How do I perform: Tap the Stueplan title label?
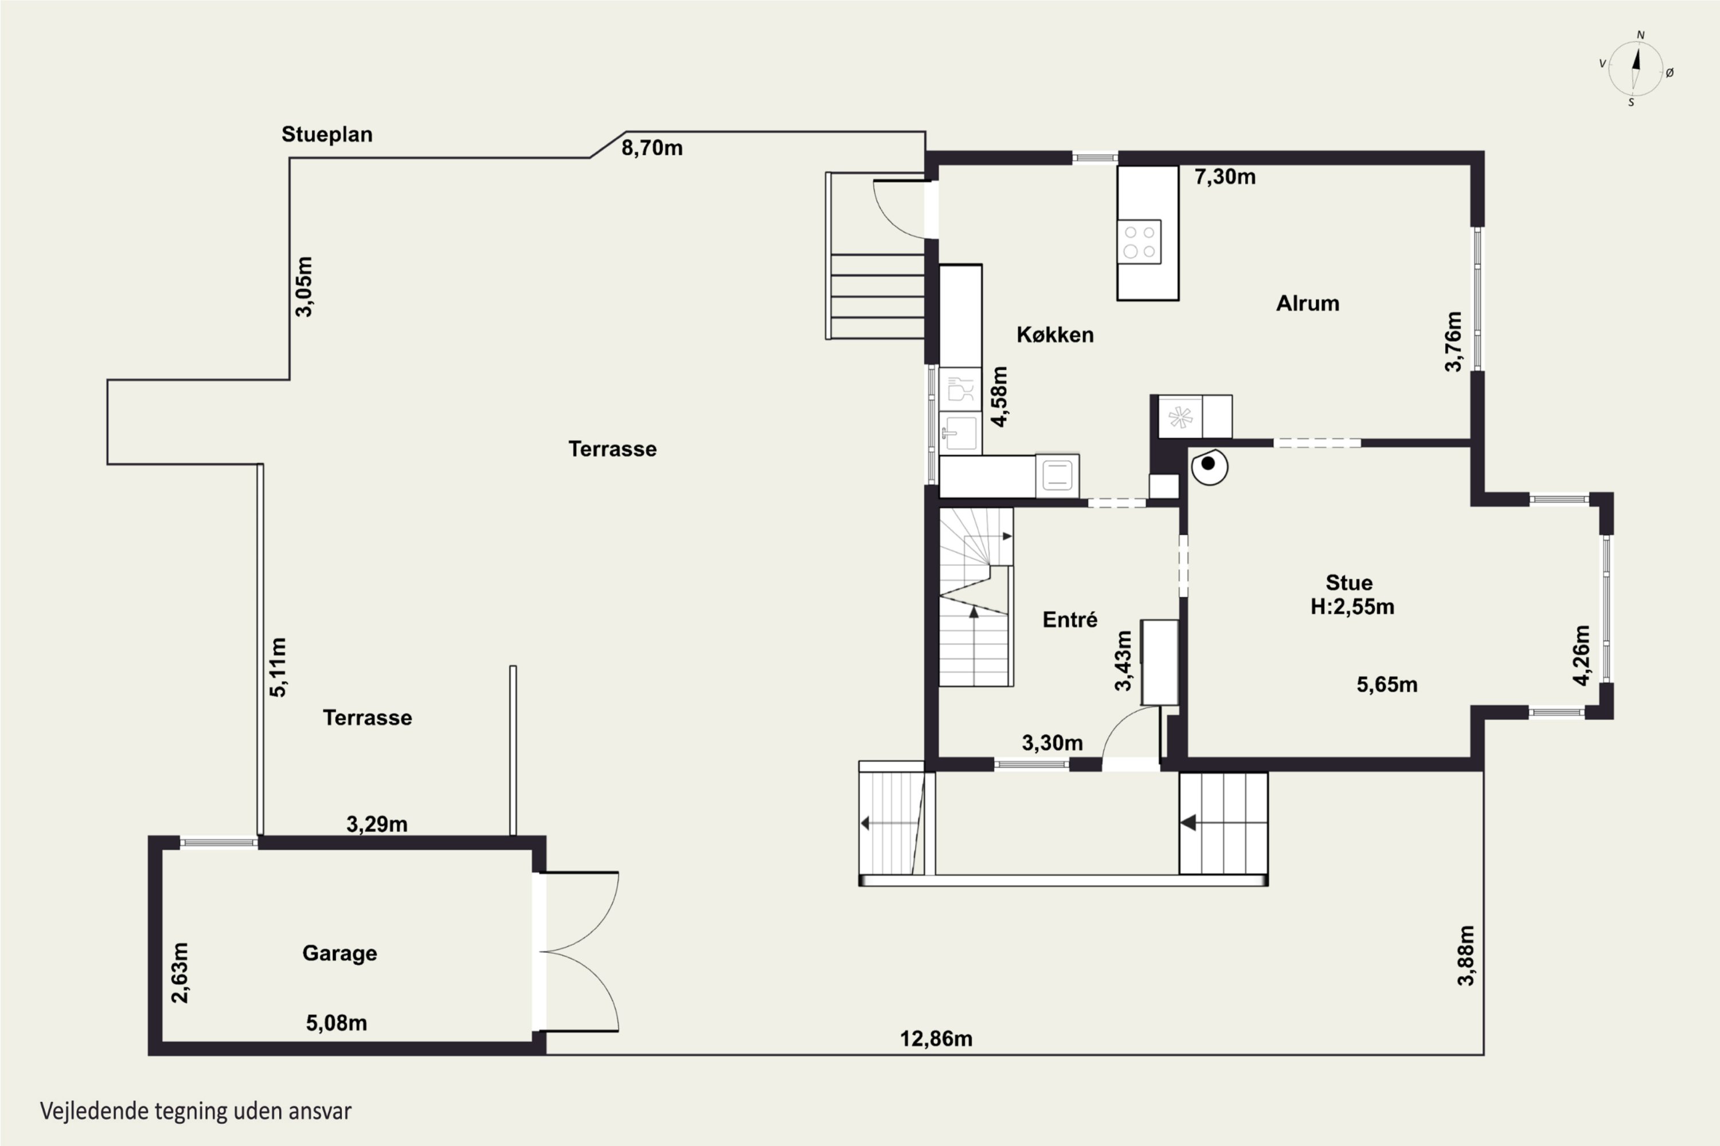327,135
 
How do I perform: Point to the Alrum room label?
1308,303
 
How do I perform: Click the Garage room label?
340,953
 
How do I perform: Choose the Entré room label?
1070,620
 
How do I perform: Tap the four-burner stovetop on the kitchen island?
1139,242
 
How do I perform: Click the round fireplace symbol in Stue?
1209,465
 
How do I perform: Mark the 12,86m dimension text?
936,1038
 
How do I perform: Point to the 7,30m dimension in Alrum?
1225,177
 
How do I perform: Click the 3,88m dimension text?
1466,955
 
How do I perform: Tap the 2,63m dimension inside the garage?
179,973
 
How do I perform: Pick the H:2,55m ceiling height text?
1352,607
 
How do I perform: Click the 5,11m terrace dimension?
279,666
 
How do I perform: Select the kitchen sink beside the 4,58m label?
959,433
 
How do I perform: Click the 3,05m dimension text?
303,286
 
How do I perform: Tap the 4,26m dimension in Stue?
1581,656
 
